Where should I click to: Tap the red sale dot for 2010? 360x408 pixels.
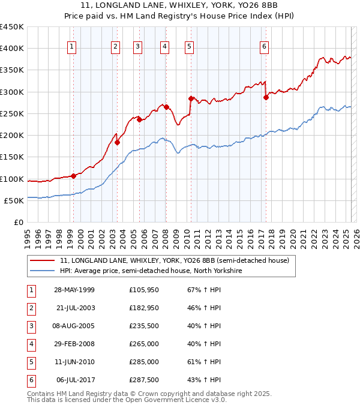pos(190,98)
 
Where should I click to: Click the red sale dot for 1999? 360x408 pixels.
pos(73,176)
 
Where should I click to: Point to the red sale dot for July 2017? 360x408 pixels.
pos(266,97)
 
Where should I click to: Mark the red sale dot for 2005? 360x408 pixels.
pos(139,119)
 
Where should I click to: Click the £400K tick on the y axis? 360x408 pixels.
pos(12,49)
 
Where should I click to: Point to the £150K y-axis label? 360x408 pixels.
pos(12,157)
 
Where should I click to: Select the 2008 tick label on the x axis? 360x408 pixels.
pos(165,235)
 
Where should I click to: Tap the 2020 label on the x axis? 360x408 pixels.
pos(293,235)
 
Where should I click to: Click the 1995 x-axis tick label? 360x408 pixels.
pos(27,235)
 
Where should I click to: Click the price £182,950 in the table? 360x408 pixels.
pos(143,308)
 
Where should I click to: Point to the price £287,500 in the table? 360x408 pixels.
pos(143,380)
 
